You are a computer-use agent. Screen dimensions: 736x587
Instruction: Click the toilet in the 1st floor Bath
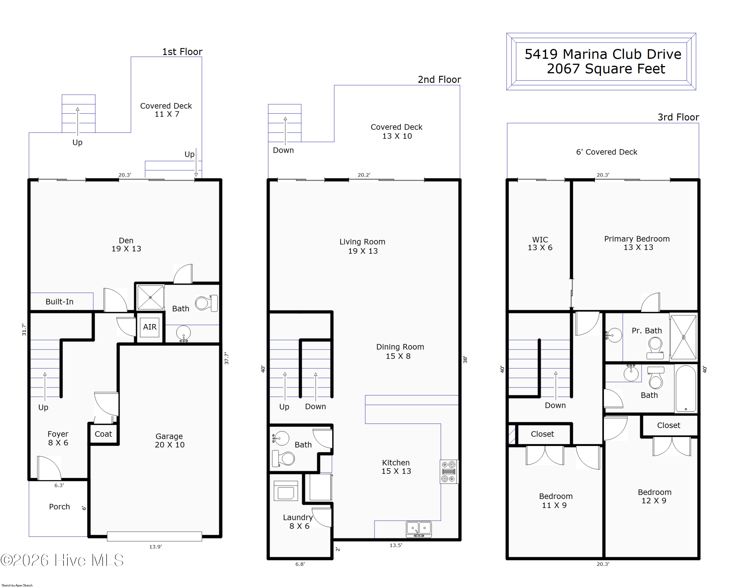point(206,303)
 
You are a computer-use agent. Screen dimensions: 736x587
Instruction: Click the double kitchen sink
point(419,529)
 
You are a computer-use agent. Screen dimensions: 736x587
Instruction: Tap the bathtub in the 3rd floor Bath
point(685,388)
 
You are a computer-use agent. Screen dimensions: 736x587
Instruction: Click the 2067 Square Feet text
point(606,69)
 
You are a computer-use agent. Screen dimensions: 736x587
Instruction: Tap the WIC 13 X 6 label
point(540,243)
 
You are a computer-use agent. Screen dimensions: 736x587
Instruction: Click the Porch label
point(59,507)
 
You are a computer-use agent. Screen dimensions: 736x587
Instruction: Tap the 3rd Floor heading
point(678,117)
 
